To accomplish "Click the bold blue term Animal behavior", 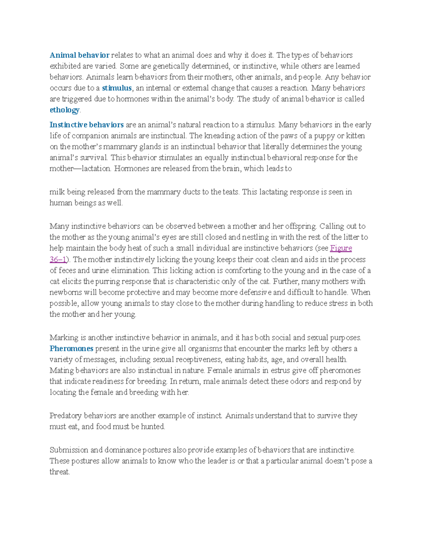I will (79, 55).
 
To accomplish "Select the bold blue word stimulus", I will (117, 88).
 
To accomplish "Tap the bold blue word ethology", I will (65, 110).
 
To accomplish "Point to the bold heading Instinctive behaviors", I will (86, 125).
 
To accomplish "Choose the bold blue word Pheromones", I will (71, 349).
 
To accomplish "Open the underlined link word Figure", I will (341, 248).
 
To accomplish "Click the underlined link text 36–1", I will (58, 260).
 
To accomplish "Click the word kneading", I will (220, 136).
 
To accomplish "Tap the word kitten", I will (355, 136).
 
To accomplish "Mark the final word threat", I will (59, 472).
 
